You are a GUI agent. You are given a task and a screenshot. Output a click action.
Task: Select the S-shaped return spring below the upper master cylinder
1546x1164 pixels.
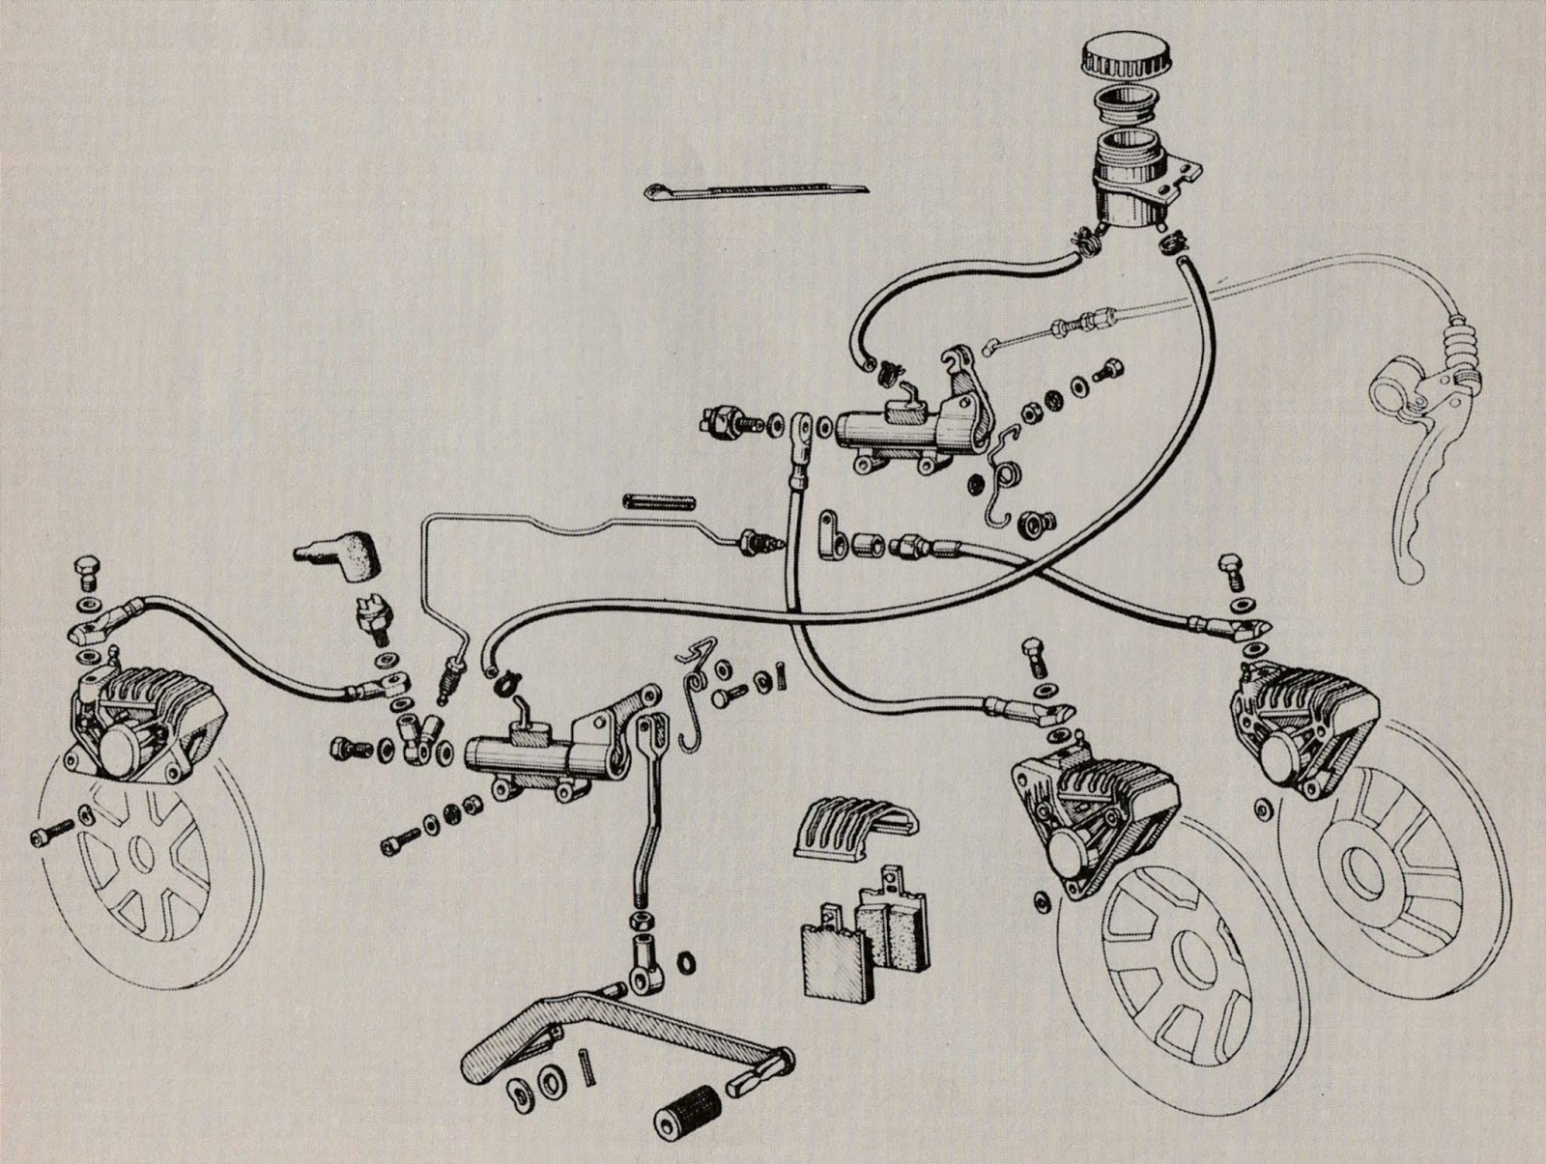click(1005, 473)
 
